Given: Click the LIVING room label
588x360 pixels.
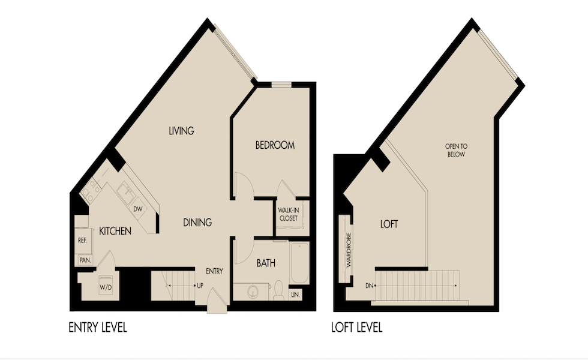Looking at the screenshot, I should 181,131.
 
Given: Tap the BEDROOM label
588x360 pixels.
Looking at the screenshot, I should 275,145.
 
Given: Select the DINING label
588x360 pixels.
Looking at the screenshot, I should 197,223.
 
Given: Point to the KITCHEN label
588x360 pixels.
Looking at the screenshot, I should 115,231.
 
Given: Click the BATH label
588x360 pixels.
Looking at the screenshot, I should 266,263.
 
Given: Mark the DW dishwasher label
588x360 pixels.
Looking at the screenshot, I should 137,209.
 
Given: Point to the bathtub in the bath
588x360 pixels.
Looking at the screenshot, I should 299,262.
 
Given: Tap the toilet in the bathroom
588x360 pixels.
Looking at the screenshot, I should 279,292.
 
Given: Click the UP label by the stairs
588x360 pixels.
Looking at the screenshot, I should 200,286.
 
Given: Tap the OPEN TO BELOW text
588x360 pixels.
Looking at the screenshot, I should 455,150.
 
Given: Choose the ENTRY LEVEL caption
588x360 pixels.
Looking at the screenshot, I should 98,328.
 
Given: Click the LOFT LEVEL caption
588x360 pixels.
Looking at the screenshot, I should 356,328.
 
